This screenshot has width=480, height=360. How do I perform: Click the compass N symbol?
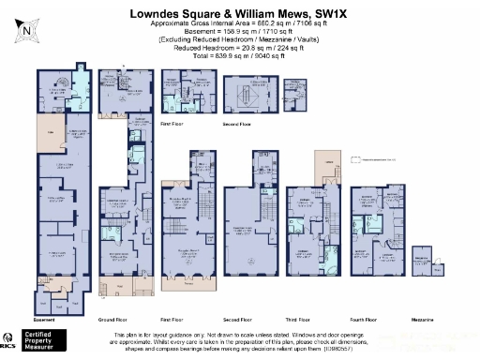[x=27, y=30]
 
